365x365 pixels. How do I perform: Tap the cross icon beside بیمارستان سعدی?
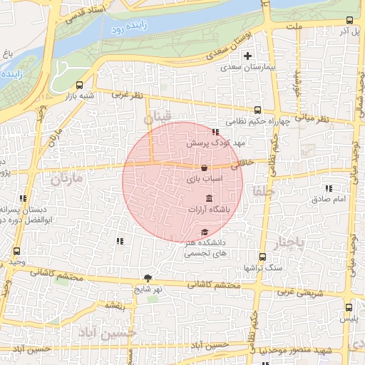[247, 56]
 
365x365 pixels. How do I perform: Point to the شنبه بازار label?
[79, 95]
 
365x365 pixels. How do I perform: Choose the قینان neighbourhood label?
[158, 117]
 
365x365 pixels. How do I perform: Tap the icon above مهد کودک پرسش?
[215, 132]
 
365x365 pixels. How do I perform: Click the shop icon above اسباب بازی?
[205, 168]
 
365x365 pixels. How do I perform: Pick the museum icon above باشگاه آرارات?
[208, 197]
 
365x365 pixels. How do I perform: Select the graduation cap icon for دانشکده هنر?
[205, 232]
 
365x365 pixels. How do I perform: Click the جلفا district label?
[262, 190]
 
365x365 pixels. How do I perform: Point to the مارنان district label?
[67, 178]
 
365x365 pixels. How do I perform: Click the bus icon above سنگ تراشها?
[262, 257]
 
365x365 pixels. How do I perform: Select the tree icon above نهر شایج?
[148, 278]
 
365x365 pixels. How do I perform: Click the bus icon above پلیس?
[348, 307]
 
